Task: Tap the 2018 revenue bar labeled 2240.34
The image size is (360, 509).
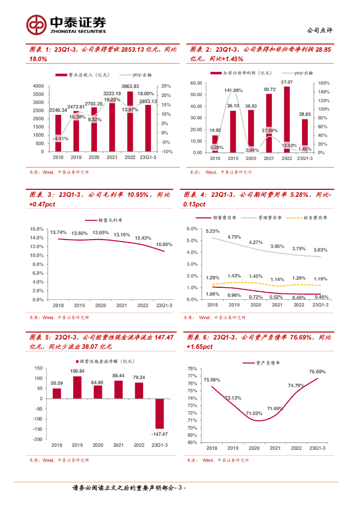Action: click(x=58, y=133)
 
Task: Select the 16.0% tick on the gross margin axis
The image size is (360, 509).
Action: click(x=37, y=229)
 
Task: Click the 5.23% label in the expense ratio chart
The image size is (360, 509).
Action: click(x=213, y=231)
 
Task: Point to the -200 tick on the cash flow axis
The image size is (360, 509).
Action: click(x=38, y=439)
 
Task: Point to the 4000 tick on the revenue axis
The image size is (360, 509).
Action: click(x=38, y=86)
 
